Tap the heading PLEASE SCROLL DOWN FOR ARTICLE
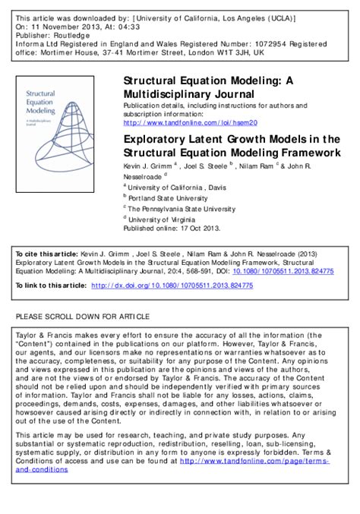[83, 316]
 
